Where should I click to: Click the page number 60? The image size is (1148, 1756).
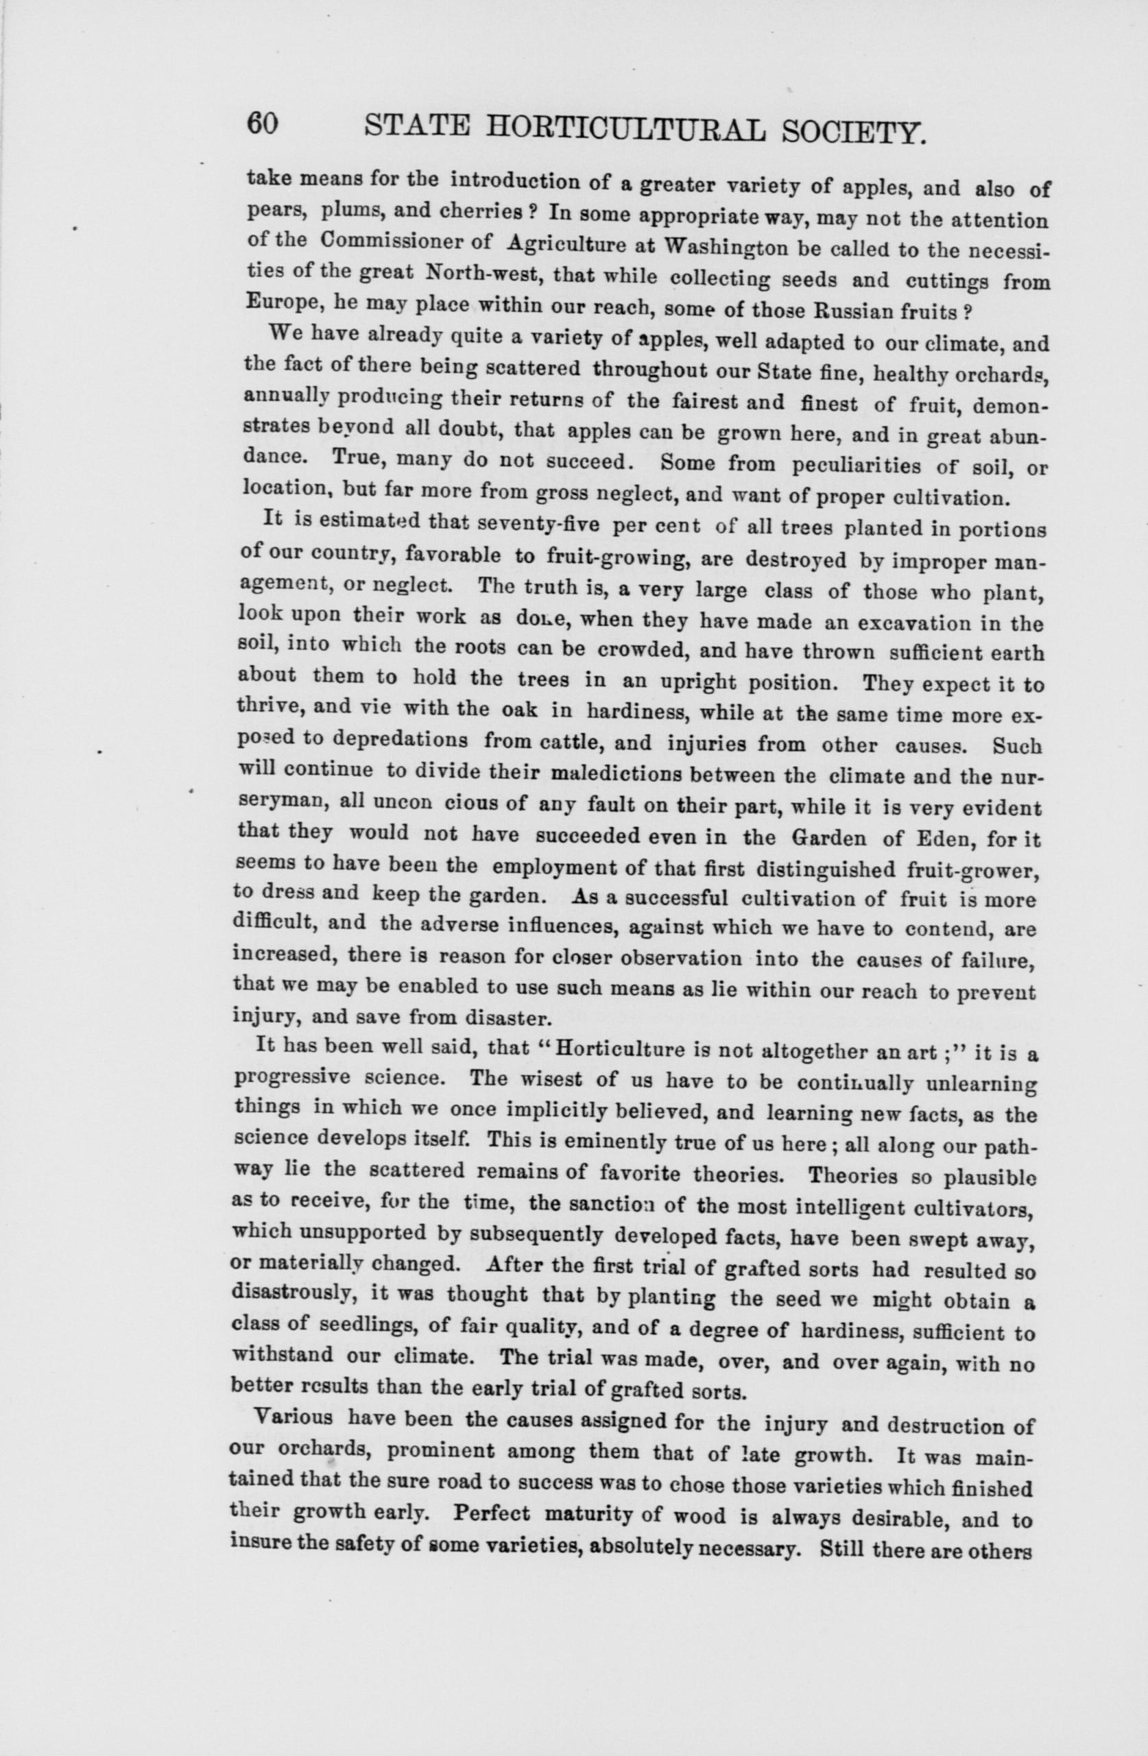pos(263,123)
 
